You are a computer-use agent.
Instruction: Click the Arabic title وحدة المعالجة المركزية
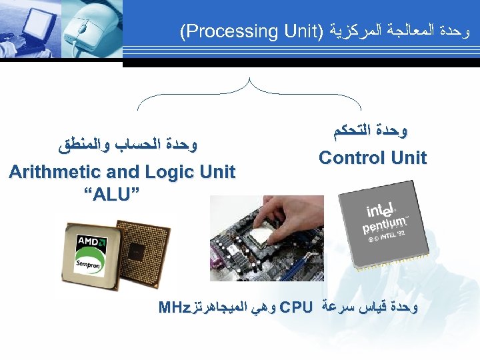[387, 31]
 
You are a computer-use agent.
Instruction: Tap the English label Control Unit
[372, 158]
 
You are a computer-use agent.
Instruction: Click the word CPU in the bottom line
[297, 307]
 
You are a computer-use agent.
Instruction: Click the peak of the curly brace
[249, 80]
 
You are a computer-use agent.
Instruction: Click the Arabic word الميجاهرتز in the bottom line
[223, 307]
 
